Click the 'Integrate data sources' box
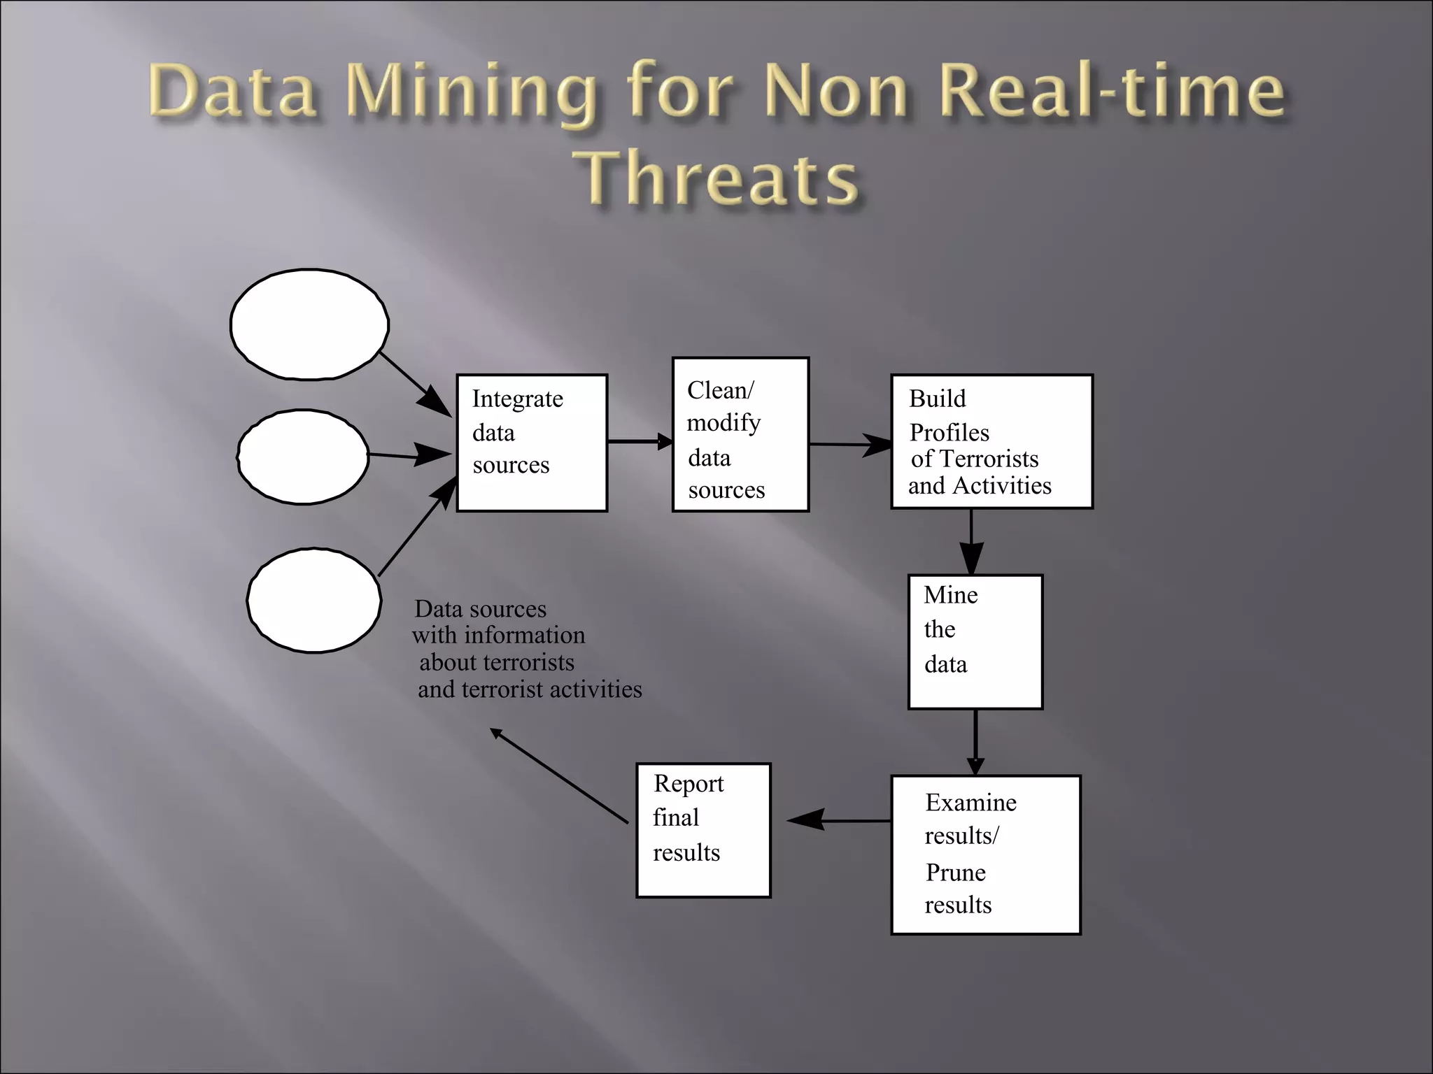(x=532, y=443)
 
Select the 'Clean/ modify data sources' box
(x=740, y=434)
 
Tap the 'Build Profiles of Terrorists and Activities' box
(x=991, y=441)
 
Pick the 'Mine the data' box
(x=975, y=642)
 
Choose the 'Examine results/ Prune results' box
(x=986, y=854)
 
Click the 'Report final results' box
(x=703, y=830)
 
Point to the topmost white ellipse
(x=309, y=324)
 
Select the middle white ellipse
(x=303, y=457)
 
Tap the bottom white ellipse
(x=314, y=600)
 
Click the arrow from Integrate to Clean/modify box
(x=639, y=441)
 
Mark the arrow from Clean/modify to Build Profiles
(x=849, y=444)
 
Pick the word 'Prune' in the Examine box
(x=955, y=873)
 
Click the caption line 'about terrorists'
(x=496, y=662)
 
